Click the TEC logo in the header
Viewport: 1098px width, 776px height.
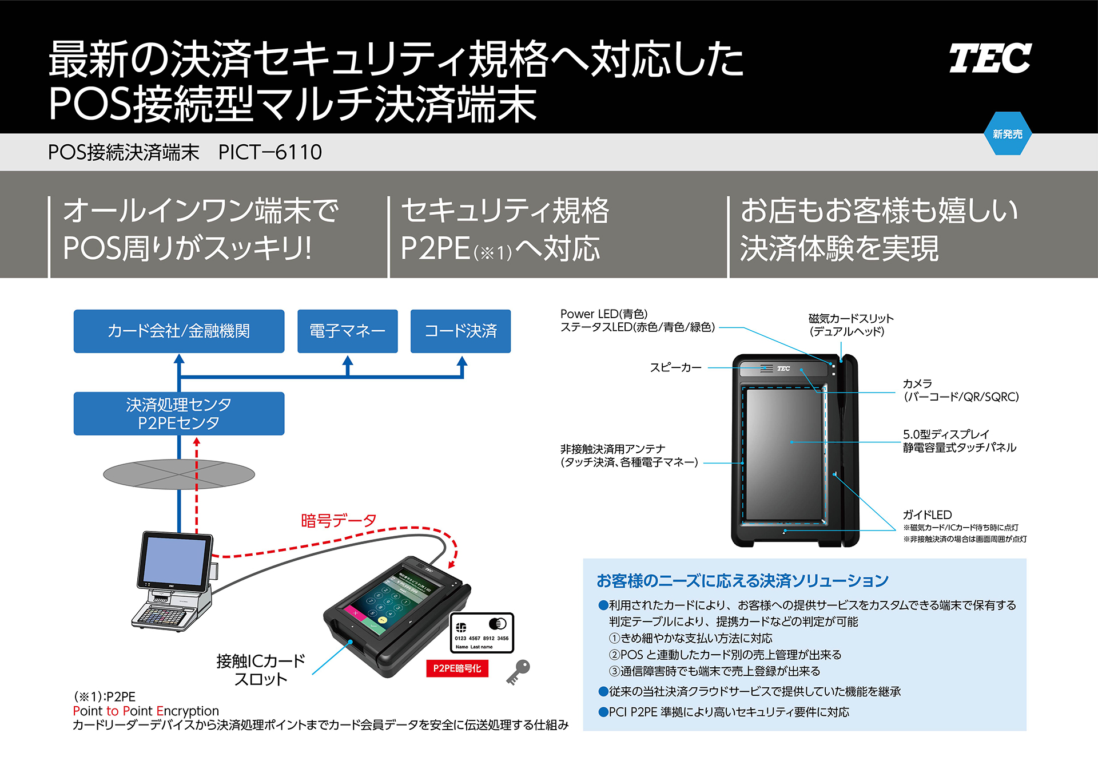tap(990, 58)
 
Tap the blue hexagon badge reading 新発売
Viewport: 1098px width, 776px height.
tap(1007, 134)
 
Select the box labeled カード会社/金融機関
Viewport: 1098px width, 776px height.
tap(178, 331)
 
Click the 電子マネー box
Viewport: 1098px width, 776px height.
tap(347, 331)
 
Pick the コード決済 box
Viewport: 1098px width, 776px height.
tap(460, 331)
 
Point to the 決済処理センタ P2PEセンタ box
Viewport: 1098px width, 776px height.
tap(178, 413)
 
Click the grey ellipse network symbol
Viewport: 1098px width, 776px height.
tap(178, 474)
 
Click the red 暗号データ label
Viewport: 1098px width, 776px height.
tap(339, 520)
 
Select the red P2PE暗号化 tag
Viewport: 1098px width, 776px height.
tap(457, 668)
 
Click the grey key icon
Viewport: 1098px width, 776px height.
tap(519, 671)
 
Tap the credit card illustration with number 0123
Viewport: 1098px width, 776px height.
tap(482, 632)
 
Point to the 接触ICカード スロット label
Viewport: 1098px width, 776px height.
tap(261, 670)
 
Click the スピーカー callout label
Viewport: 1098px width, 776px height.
tap(675, 367)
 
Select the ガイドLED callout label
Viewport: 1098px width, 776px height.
tap(927, 514)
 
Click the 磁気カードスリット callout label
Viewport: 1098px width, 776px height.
tap(850, 324)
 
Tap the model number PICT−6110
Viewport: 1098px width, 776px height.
tap(270, 152)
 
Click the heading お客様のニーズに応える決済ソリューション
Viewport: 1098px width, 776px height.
tap(742, 581)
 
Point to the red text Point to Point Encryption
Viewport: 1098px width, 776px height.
tap(146, 711)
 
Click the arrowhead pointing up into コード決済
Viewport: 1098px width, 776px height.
tap(462, 361)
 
